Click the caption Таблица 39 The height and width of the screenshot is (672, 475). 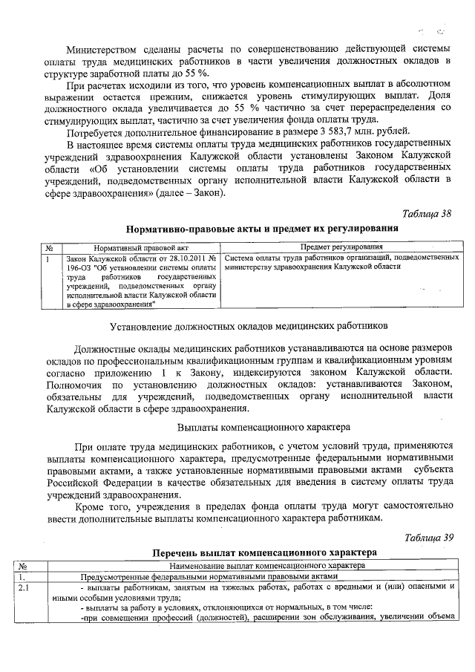(x=427, y=537)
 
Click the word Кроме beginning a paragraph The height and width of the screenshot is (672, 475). (x=91, y=505)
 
